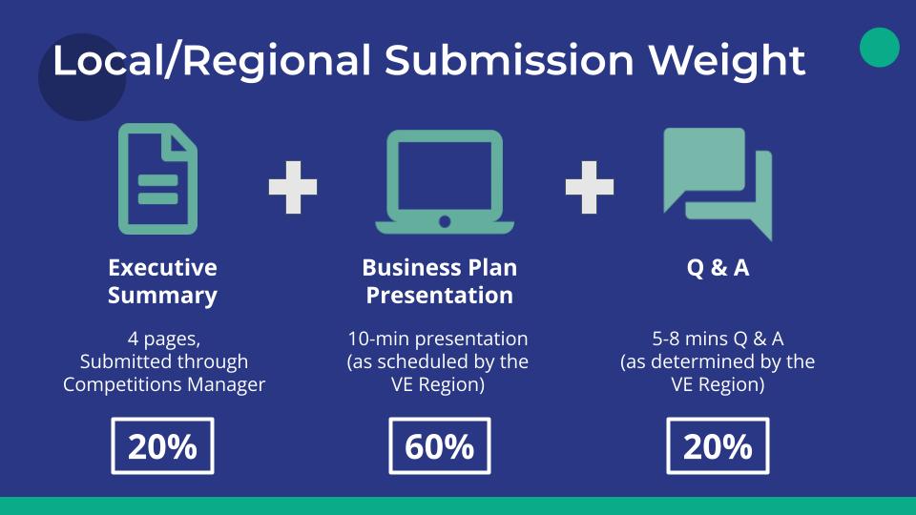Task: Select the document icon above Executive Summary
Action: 157,179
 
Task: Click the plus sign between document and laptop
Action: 293,186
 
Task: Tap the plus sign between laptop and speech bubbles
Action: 589,186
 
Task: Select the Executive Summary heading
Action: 162,281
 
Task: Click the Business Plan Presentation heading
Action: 439,281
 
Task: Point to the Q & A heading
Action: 718,268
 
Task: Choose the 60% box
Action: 439,446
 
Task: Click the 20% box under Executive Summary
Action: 162,446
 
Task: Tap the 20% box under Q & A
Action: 718,446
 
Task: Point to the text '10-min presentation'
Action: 439,339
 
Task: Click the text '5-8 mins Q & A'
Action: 718,339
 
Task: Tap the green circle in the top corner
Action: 879,48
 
